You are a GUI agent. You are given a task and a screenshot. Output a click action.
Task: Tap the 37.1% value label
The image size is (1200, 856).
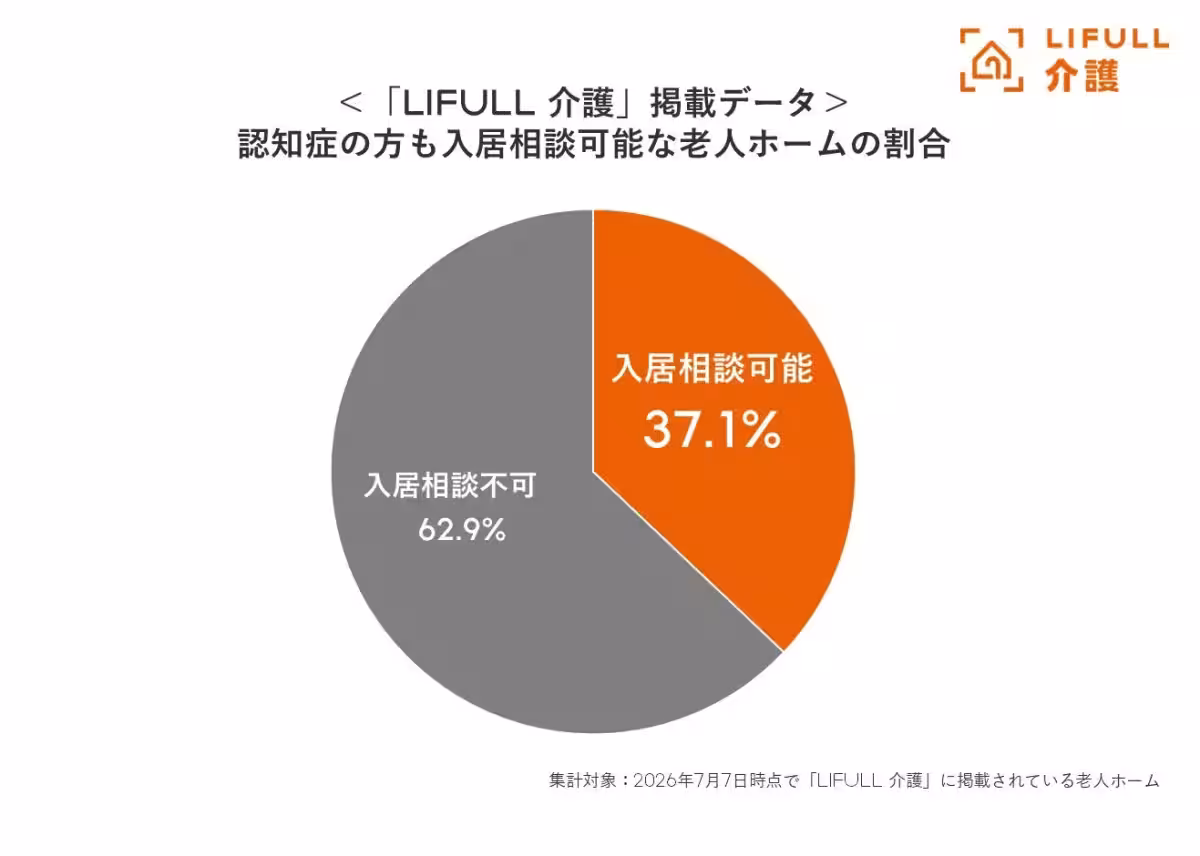pos(712,430)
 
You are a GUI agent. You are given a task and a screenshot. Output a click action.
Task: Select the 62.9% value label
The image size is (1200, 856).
pos(462,530)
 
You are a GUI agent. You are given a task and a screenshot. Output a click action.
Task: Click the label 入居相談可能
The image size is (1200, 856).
pos(712,369)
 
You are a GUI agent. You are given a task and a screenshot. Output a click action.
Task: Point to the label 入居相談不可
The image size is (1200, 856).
pos(450,486)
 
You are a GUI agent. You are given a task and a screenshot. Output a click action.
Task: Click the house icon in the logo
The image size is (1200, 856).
pos(992,60)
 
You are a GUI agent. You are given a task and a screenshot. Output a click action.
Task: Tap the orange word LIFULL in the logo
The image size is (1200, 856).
pos(1107,39)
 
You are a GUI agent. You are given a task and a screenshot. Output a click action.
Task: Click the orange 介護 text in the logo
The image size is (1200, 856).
pos(1082,76)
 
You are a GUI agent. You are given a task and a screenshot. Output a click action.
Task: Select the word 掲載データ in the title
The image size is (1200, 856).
pos(733,103)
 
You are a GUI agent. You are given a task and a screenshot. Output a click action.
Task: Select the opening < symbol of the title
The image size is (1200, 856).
pos(351,103)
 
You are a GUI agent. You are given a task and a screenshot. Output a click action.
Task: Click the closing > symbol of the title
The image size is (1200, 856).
pos(836,103)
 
